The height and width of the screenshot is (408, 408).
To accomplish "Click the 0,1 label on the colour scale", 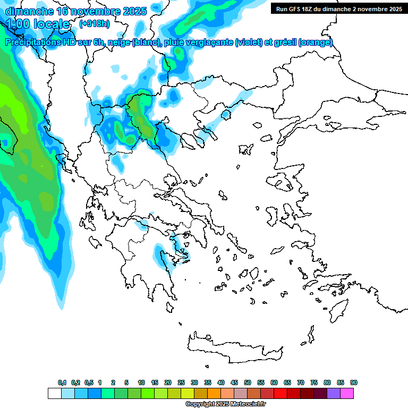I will click(x=62, y=382).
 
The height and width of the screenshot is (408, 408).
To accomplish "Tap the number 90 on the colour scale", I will click(x=354, y=382).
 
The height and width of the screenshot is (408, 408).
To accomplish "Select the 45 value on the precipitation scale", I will click(x=234, y=382).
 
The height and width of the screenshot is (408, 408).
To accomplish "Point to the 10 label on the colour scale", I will click(x=141, y=382).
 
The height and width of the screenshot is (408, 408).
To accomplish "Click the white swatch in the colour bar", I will click(x=54, y=393).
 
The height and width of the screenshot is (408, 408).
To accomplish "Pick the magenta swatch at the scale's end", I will click(x=347, y=393).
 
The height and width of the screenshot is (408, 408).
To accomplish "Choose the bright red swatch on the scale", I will click(x=280, y=393).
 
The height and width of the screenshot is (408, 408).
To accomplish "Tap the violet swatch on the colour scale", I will click(x=334, y=393).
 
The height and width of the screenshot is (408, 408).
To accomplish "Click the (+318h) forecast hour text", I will click(x=95, y=24).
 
